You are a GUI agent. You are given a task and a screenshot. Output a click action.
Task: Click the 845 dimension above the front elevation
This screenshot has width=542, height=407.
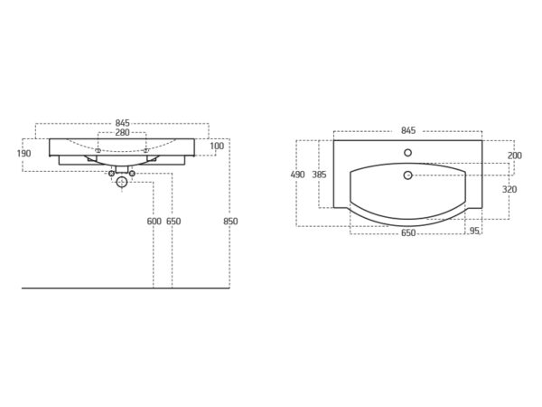click(x=122, y=123)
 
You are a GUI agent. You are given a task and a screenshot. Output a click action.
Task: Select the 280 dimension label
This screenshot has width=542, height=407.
click(x=122, y=132)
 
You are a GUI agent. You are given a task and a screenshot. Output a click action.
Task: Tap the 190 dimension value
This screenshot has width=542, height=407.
click(x=23, y=154)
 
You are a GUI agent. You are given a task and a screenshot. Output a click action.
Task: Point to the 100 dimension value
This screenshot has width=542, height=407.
click(x=217, y=146)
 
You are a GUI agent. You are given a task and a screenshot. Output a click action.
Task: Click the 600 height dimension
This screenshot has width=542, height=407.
click(x=154, y=222)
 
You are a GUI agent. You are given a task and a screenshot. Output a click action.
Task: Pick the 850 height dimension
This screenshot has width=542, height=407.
click(x=230, y=222)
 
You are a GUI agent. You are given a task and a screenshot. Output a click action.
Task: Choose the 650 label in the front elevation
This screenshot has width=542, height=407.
click(x=173, y=222)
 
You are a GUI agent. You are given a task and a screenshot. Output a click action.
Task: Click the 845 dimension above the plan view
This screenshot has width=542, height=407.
click(x=408, y=130)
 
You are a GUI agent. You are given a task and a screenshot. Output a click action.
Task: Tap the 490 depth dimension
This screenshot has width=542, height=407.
click(x=297, y=175)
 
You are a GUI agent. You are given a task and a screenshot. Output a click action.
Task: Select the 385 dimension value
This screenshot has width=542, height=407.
click(x=319, y=175)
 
